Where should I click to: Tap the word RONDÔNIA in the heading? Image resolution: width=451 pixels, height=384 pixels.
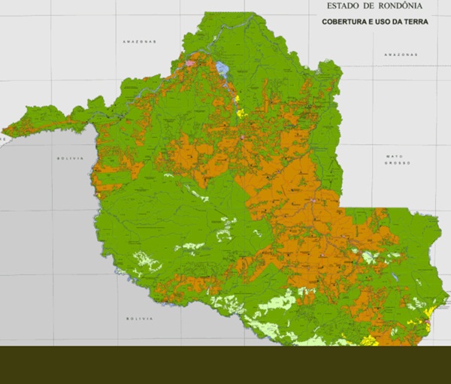point(409,6)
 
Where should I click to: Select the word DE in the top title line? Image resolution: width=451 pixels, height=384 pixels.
point(371,6)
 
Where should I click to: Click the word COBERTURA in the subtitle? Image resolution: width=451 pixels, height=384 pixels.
point(346,22)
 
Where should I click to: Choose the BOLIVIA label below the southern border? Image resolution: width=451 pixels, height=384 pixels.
point(140,319)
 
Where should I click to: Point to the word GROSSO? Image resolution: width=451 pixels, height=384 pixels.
point(396,163)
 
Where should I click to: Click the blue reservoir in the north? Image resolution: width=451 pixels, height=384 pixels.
point(222,70)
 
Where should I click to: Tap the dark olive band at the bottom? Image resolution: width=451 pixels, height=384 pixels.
point(225,364)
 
